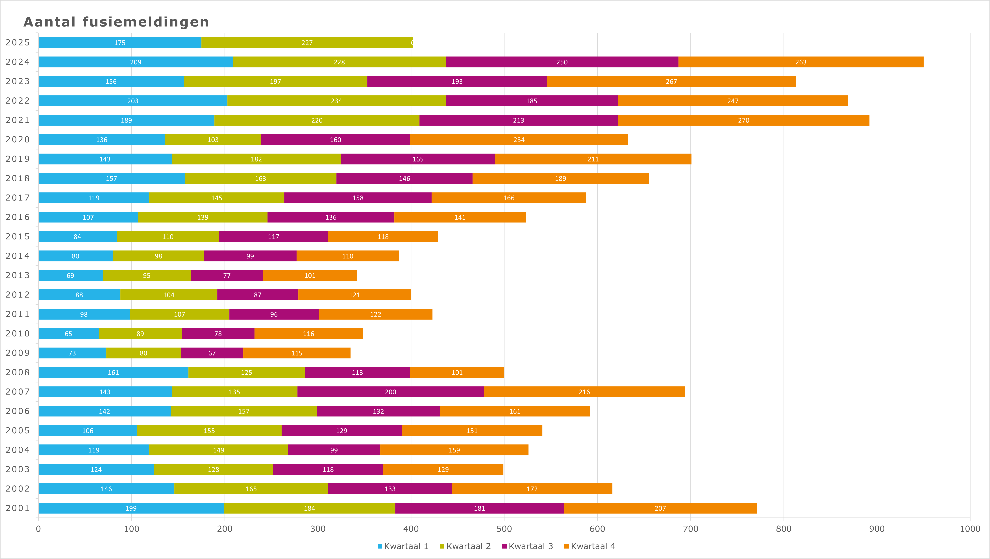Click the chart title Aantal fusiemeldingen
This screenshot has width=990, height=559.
[116, 22]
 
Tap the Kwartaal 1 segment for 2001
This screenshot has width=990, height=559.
[131, 508]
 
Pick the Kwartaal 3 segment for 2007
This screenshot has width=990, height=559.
[390, 392]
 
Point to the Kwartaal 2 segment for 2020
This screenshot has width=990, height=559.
[213, 139]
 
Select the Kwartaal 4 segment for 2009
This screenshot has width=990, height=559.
[297, 353]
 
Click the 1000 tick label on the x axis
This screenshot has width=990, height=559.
[970, 529]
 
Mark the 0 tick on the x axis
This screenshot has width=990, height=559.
[38, 529]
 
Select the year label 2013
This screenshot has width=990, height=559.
[18, 275]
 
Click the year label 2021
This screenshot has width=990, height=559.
[18, 120]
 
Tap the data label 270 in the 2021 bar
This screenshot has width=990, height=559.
[743, 120]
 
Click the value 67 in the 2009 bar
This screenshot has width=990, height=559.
[212, 353]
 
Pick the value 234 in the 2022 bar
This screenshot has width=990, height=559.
[336, 101]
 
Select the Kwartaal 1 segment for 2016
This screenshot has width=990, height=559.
[88, 217]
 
